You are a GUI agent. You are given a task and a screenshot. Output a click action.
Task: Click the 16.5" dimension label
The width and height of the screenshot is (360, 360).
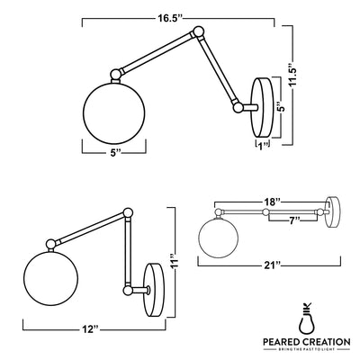tap(170, 19)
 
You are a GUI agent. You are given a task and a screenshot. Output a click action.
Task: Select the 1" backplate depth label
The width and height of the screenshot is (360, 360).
tap(263, 146)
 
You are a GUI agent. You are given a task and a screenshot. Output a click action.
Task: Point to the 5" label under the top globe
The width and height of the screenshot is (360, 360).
tap(115, 153)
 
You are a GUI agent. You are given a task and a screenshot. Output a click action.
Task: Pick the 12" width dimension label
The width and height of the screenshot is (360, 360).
tap(90, 329)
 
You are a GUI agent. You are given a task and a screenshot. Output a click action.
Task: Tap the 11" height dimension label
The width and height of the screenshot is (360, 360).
tap(175, 261)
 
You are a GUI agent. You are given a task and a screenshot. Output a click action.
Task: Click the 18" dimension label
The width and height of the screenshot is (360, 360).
tap(272, 202)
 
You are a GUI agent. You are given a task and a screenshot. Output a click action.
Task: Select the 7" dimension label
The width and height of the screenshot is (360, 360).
tap(292, 220)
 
